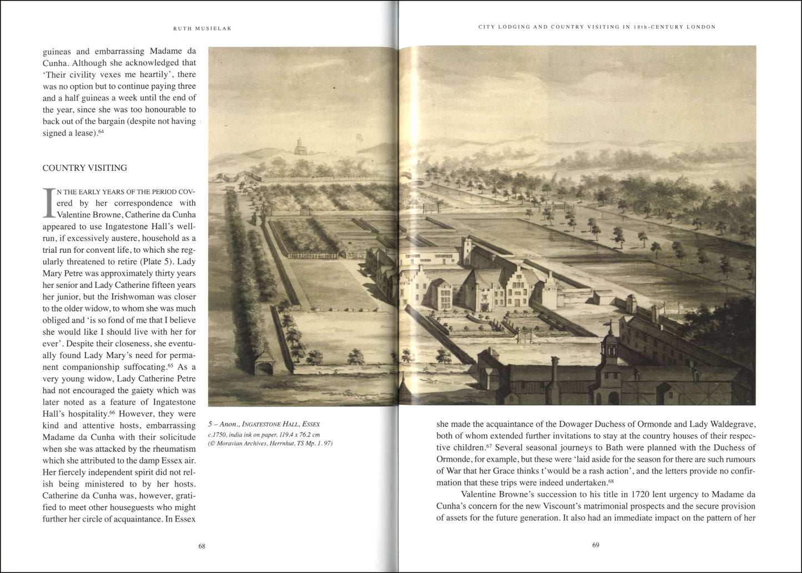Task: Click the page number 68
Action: (x=202, y=546)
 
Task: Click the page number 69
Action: (x=596, y=545)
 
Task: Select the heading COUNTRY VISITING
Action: (x=84, y=168)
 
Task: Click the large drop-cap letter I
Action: (x=48, y=203)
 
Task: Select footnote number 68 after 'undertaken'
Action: (x=611, y=481)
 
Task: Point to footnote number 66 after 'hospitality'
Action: (x=112, y=412)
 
